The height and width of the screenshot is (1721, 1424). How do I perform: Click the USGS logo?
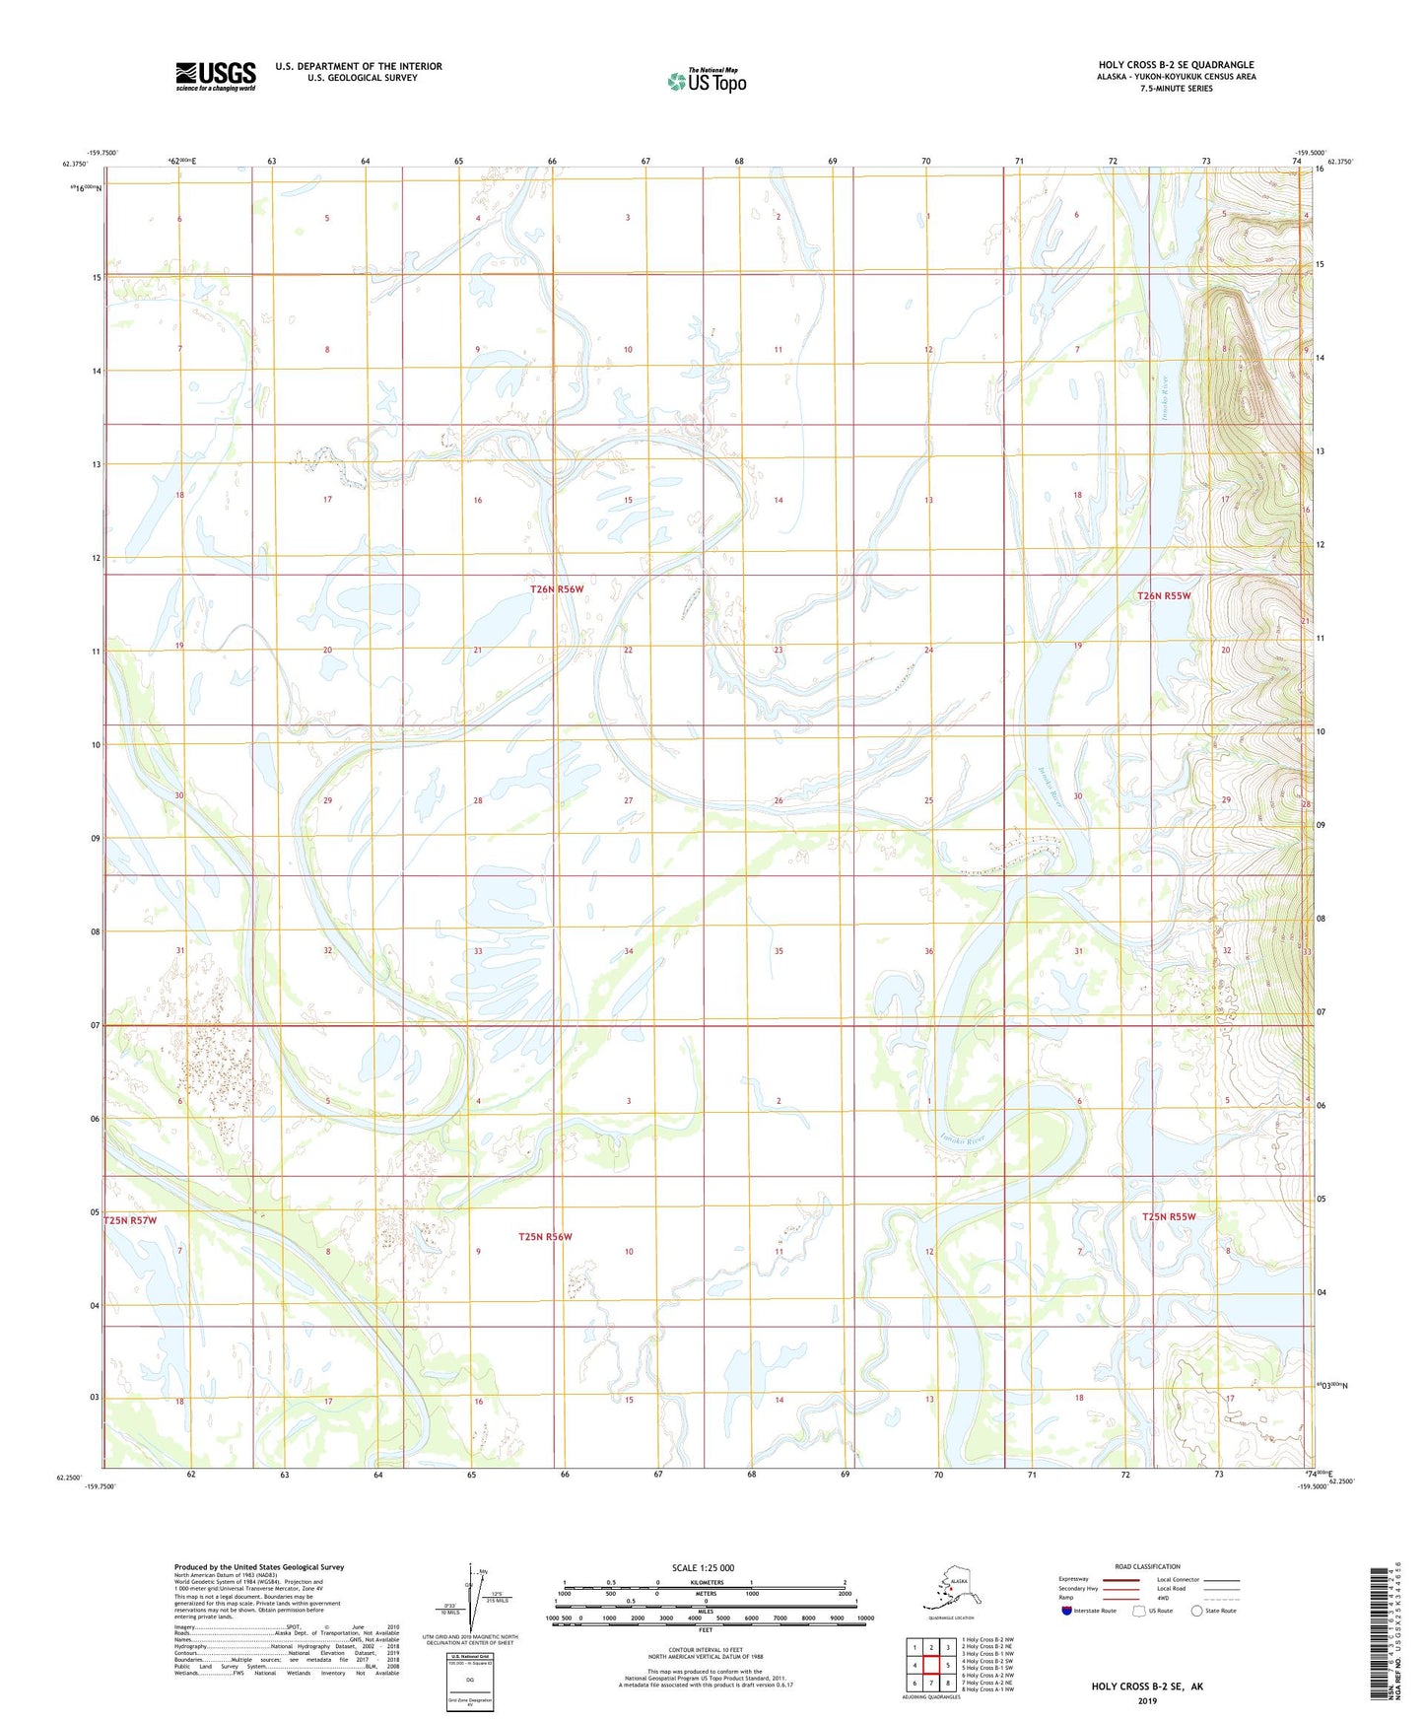pos(215,76)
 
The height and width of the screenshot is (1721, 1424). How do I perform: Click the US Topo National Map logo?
pos(706,81)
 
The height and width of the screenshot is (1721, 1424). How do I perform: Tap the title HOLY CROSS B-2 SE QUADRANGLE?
pos(1176,65)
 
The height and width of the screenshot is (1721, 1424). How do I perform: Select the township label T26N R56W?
pos(557,589)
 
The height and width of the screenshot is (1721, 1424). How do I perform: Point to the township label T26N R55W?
pos(1164,596)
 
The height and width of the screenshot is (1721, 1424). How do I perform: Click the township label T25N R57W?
pos(130,1220)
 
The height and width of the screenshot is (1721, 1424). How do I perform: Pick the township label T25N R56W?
pos(545,1236)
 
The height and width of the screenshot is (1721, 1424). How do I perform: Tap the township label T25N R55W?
pos(1169,1216)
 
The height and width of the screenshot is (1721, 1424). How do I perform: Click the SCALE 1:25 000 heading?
pos(704,1568)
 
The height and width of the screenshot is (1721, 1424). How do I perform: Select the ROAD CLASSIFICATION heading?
pos(1147,1566)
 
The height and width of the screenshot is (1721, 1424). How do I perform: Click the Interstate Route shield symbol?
pos(1067,1611)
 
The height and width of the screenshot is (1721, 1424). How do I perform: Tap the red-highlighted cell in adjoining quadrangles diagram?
pos(930,1666)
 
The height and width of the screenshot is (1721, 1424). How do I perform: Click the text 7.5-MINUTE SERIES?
pos(1176,89)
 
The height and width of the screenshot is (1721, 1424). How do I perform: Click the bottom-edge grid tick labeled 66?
pos(565,1475)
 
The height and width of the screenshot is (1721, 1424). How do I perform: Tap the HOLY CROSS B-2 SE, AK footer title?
pos(1147,1687)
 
